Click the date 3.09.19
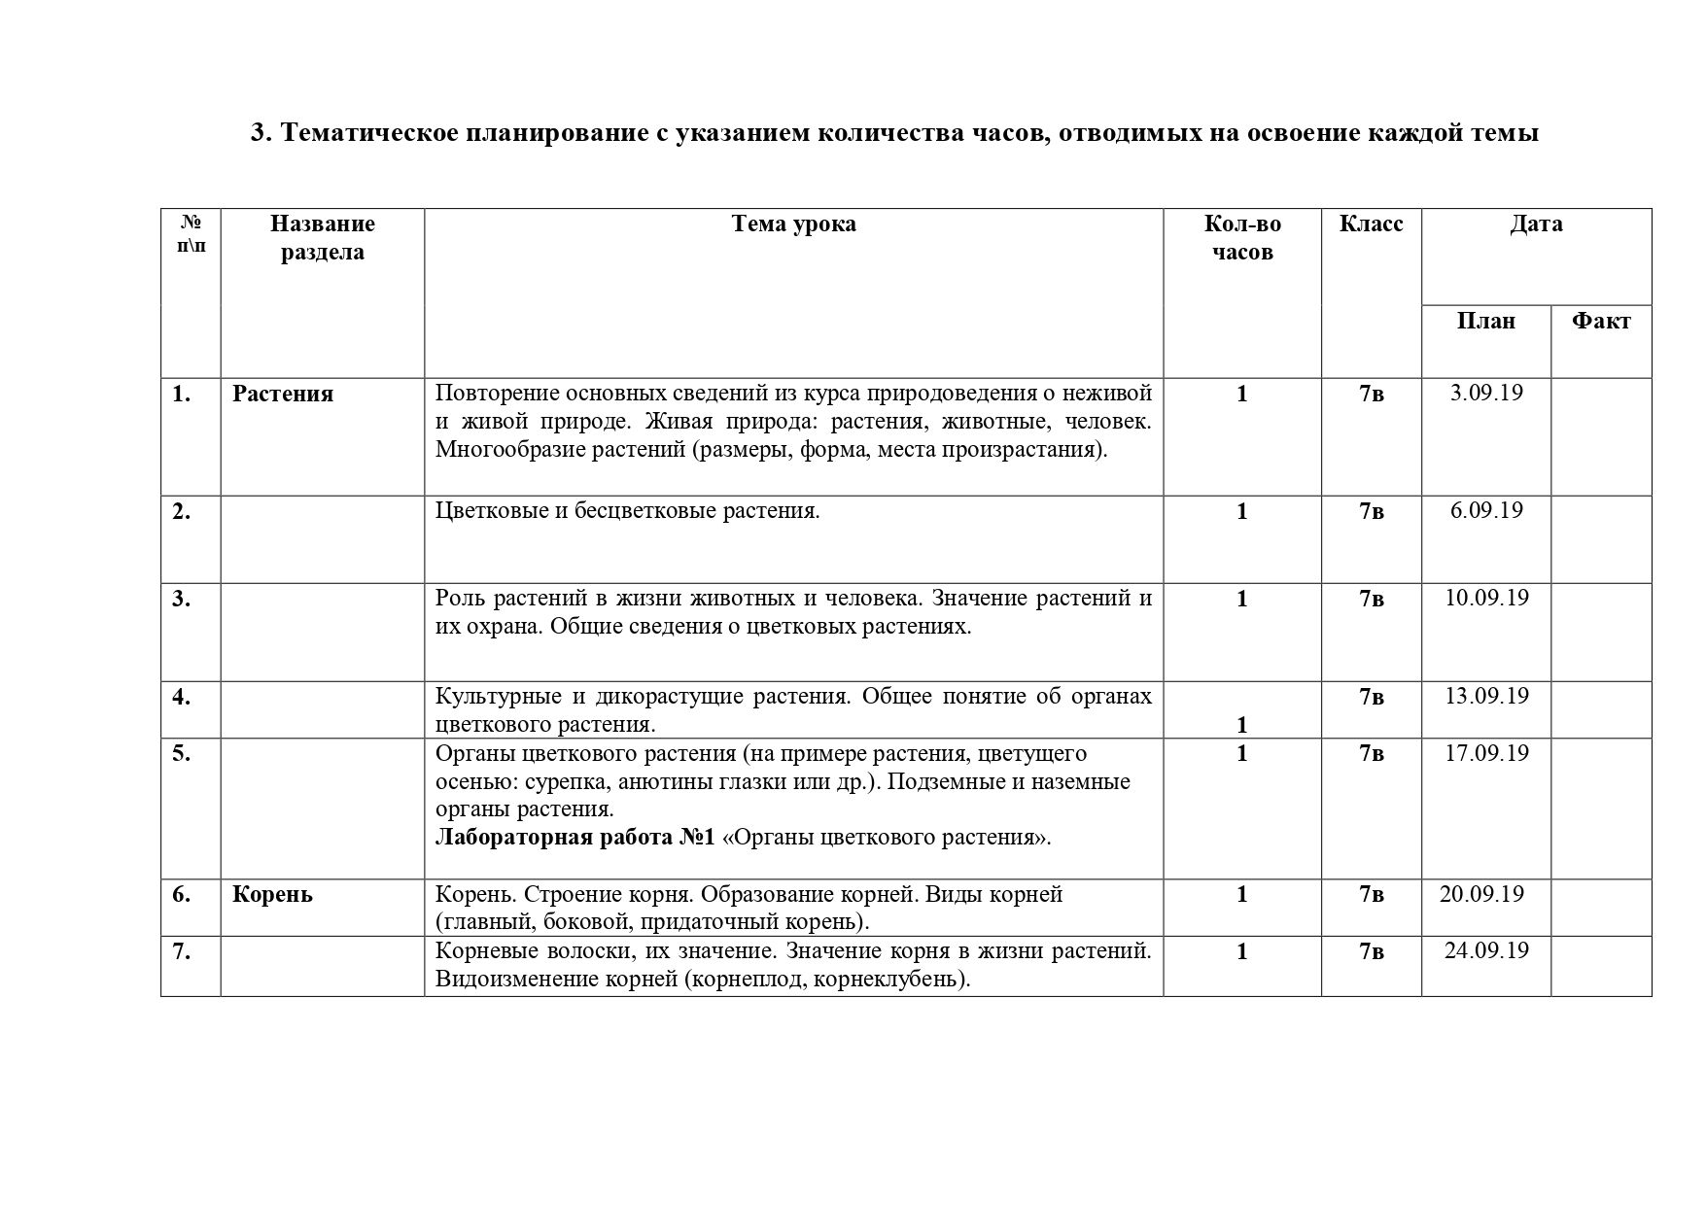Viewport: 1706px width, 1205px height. tap(1486, 394)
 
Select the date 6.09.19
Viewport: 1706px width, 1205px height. tap(1486, 511)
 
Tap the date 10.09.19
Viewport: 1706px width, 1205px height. tap(1486, 598)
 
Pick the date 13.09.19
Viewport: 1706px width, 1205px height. tap(1486, 697)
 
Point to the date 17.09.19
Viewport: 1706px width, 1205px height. tap(1486, 754)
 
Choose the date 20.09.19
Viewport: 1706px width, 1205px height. tap(1481, 895)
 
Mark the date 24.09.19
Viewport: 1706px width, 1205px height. tap(1486, 951)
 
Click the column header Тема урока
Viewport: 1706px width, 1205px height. tap(793, 224)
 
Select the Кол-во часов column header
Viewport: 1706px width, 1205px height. tap(1242, 238)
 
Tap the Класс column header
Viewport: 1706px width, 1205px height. tap(1371, 224)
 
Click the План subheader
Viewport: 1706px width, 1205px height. tap(1485, 322)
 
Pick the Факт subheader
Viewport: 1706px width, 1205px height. tap(1601, 322)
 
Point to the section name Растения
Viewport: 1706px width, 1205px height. tap(283, 395)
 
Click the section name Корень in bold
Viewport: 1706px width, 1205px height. tap(272, 895)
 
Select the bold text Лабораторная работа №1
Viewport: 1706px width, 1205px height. tap(574, 838)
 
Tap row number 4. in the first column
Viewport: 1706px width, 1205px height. tap(182, 698)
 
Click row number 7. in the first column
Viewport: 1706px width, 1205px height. tap(182, 952)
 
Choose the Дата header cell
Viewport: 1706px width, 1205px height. tap(1536, 224)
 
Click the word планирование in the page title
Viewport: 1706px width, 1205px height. tap(550, 133)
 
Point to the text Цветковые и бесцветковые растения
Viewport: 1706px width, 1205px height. tap(628, 511)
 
